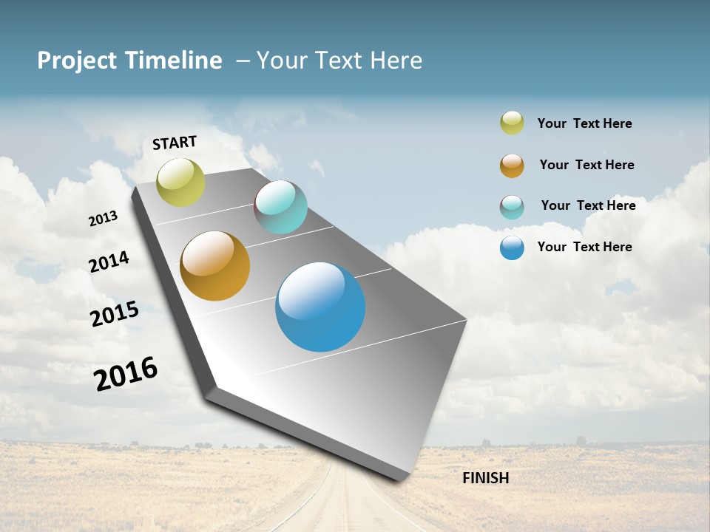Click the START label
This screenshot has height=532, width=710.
pyautogui.click(x=175, y=143)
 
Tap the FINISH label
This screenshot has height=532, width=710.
pyautogui.click(x=485, y=478)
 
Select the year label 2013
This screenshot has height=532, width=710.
pyautogui.click(x=103, y=219)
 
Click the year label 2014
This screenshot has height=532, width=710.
pyautogui.click(x=109, y=262)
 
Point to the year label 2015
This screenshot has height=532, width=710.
pyautogui.click(x=115, y=313)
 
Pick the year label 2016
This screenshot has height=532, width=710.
pyautogui.click(x=126, y=373)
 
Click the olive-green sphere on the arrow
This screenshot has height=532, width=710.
pyautogui.click(x=180, y=182)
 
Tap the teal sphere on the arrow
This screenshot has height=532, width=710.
pyautogui.click(x=280, y=207)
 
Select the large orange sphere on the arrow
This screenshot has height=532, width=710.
pyautogui.click(x=214, y=266)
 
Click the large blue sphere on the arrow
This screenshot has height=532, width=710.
pyautogui.click(x=320, y=307)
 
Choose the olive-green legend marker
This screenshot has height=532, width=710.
pyautogui.click(x=512, y=123)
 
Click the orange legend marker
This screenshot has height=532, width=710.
pyautogui.click(x=512, y=166)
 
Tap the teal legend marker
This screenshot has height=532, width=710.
pyautogui.click(x=512, y=207)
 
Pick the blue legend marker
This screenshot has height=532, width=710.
pyautogui.click(x=512, y=248)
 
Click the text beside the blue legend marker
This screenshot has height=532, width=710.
pyautogui.click(x=584, y=247)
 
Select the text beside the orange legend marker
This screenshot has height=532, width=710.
pyautogui.click(x=586, y=165)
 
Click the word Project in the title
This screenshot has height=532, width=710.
pyautogui.click(x=77, y=61)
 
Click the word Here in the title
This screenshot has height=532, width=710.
pyautogui.click(x=396, y=61)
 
